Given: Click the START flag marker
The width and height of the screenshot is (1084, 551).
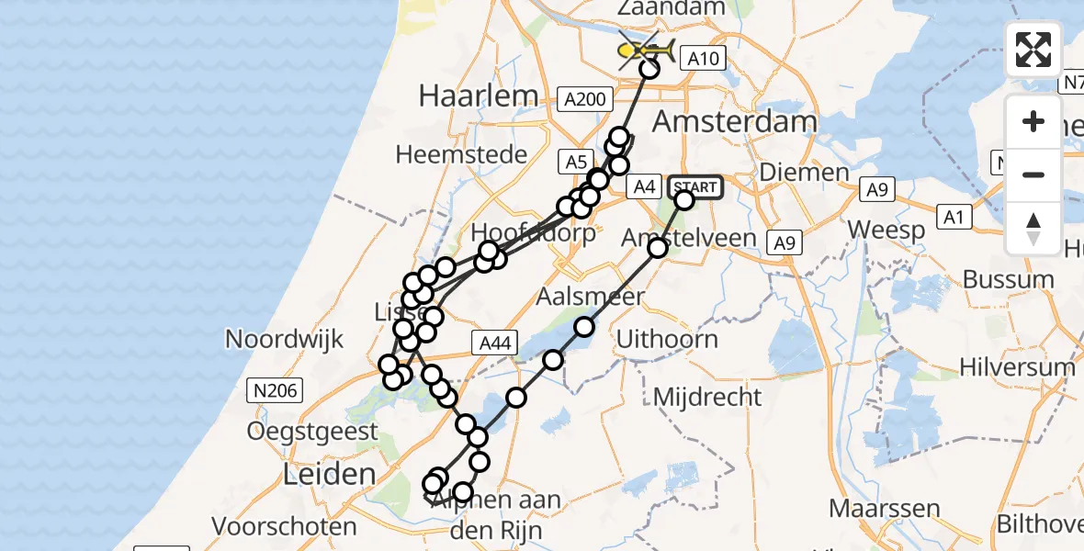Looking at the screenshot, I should coord(695,187).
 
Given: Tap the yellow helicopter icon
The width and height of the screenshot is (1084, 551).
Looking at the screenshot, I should coord(647,51).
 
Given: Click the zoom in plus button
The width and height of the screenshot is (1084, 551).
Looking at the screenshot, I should coord(1033,121).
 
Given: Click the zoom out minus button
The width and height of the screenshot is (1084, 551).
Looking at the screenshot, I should coord(1033,174).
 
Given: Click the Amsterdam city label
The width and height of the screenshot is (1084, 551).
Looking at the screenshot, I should coord(735,122).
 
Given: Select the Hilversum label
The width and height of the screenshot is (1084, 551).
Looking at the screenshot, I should coord(1017,367).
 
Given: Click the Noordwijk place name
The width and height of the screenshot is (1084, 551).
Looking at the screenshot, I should coord(284,339).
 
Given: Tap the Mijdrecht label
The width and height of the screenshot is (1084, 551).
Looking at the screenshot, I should coord(707,397).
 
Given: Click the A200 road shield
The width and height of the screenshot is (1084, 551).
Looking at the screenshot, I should coord(585,98).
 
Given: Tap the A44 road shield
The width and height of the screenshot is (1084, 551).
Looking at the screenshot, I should coord(492,343).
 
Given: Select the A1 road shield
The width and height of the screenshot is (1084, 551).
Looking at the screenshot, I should coord(953,218).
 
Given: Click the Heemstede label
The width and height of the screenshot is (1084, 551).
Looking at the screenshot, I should coord(462,154).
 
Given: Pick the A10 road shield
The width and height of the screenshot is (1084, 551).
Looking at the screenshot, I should coord(705,60).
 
